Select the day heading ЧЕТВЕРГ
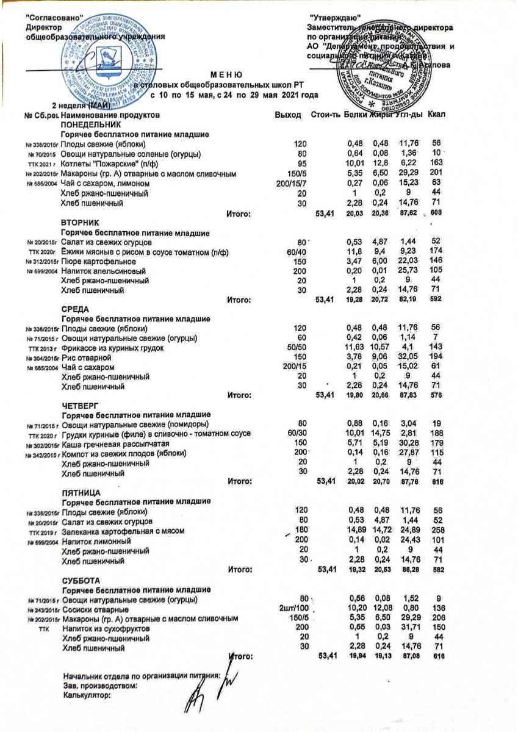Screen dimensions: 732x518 81,405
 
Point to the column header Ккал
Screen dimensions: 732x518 438,114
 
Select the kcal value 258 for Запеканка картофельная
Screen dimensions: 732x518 436,531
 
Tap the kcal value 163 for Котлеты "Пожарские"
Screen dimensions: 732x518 436,164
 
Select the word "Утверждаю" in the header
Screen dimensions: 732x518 335,18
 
